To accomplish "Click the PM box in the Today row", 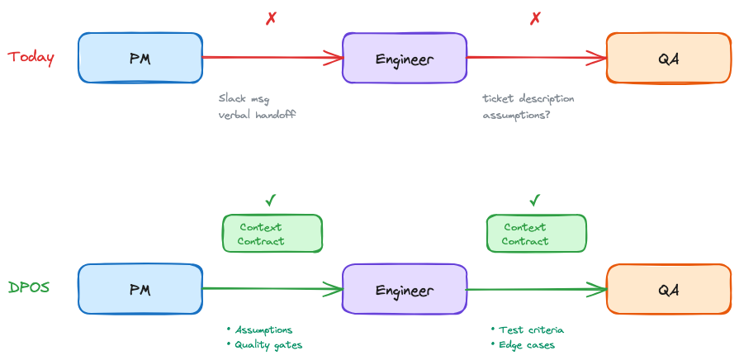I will [140, 59].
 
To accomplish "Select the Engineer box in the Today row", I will [405, 59].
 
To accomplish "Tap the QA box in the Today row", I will [669, 59].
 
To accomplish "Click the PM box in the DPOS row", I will [140, 290].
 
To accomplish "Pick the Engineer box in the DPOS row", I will [405, 290].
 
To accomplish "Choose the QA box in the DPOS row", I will [669, 290].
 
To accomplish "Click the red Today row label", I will [31, 58].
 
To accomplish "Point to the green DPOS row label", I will [29, 288].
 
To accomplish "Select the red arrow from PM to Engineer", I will [272, 58].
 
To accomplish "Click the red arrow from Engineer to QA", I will [537, 58].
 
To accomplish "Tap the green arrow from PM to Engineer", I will [272, 289].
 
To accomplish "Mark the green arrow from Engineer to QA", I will [537, 289].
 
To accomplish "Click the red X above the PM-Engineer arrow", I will [271, 18].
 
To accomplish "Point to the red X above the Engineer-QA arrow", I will [535, 18].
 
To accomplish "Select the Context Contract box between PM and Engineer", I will [272, 234].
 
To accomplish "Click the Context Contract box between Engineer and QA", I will [537, 234].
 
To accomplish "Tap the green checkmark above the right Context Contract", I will [535, 200].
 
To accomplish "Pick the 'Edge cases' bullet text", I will [526, 345].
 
